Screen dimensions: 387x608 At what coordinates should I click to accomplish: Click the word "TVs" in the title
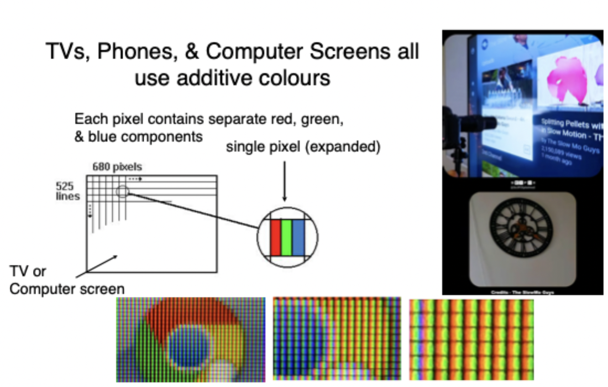tap(62, 53)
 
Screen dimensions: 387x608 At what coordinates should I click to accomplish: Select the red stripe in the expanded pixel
tap(275, 237)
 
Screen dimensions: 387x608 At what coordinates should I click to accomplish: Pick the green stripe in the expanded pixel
tap(286, 237)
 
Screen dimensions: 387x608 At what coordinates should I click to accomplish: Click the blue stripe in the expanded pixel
tap(297, 237)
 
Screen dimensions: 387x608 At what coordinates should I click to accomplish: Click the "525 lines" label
tap(67, 191)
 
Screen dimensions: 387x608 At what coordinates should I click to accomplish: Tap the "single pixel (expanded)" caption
tap(303, 148)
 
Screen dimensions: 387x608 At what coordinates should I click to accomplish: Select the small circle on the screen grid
tap(123, 192)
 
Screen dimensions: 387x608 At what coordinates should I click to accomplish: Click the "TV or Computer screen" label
tap(66, 280)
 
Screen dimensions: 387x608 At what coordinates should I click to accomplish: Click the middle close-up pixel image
tap(337, 338)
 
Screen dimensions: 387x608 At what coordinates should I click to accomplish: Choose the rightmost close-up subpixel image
tap(471, 339)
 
